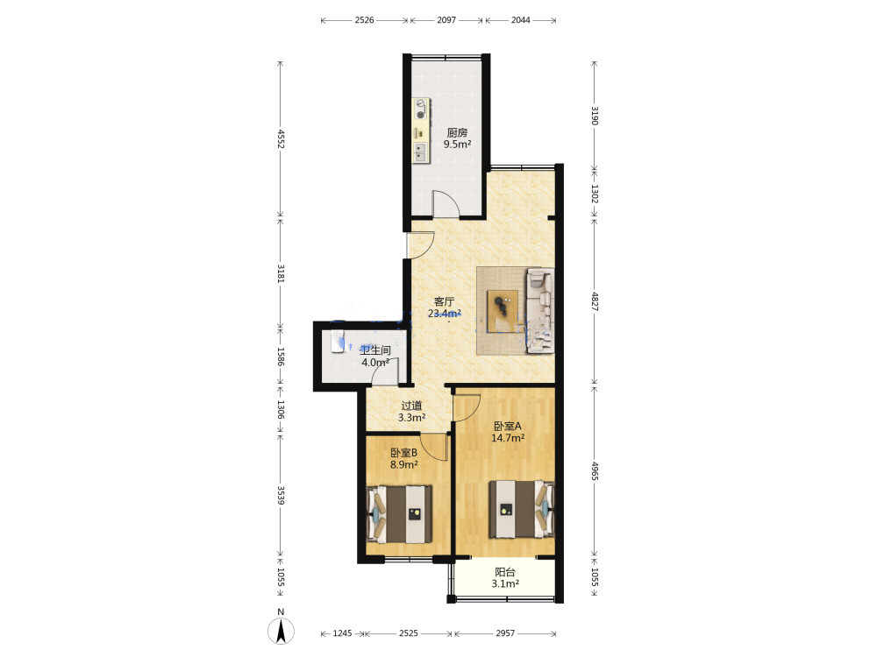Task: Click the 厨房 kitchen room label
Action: (457, 133)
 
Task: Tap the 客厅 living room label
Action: (444, 301)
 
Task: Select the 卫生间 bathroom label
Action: (374, 351)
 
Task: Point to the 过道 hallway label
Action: (411, 406)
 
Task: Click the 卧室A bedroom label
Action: (507, 427)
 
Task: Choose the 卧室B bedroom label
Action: (403, 453)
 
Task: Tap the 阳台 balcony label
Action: (505, 572)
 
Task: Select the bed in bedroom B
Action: (399, 514)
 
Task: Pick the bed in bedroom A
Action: (522, 510)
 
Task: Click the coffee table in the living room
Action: (503, 312)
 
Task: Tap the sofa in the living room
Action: (539, 311)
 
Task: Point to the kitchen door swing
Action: (446, 203)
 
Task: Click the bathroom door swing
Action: (385, 371)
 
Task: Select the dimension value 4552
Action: (281, 139)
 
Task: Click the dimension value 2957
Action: (505, 633)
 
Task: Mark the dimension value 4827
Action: (595, 301)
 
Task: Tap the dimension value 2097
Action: (446, 20)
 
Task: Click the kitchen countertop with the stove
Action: (421, 131)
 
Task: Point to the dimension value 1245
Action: (342, 633)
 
